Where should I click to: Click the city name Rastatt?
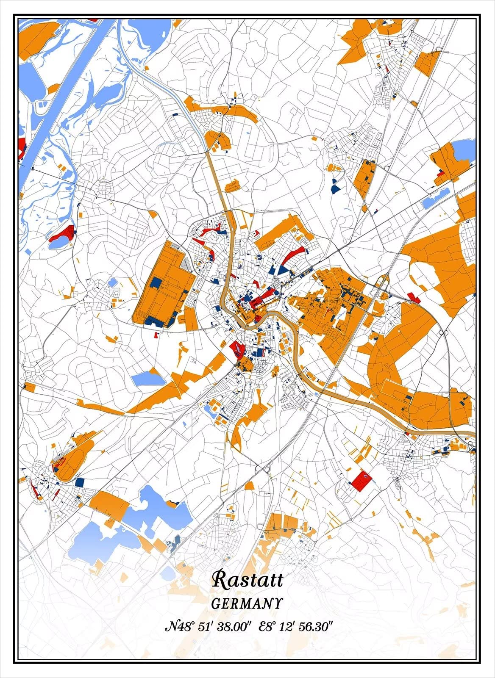(247, 579)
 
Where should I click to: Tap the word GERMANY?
(247, 603)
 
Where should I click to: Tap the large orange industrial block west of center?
(163, 284)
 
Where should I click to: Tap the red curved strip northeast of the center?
(292, 255)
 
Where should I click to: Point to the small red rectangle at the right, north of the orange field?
(414, 297)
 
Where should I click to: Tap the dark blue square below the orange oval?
(79, 482)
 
